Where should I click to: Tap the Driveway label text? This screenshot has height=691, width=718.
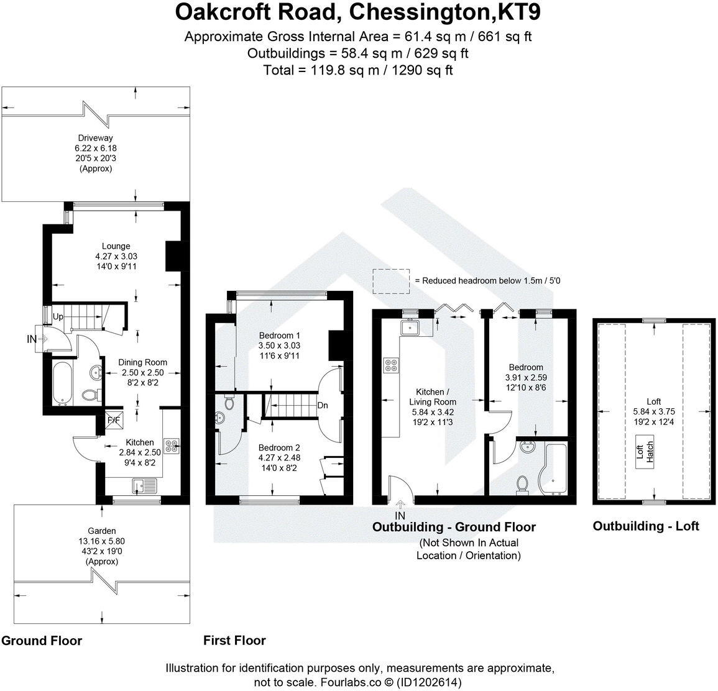(95, 138)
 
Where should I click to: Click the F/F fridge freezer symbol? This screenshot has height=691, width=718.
(114, 419)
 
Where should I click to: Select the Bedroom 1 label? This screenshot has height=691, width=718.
(280, 336)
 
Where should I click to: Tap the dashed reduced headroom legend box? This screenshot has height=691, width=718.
(391, 279)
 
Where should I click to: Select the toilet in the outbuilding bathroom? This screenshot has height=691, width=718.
(523, 483)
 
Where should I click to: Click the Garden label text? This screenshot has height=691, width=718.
(101, 531)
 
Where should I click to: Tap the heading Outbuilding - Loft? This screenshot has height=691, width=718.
(645, 526)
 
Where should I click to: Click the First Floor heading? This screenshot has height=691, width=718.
(234, 640)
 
